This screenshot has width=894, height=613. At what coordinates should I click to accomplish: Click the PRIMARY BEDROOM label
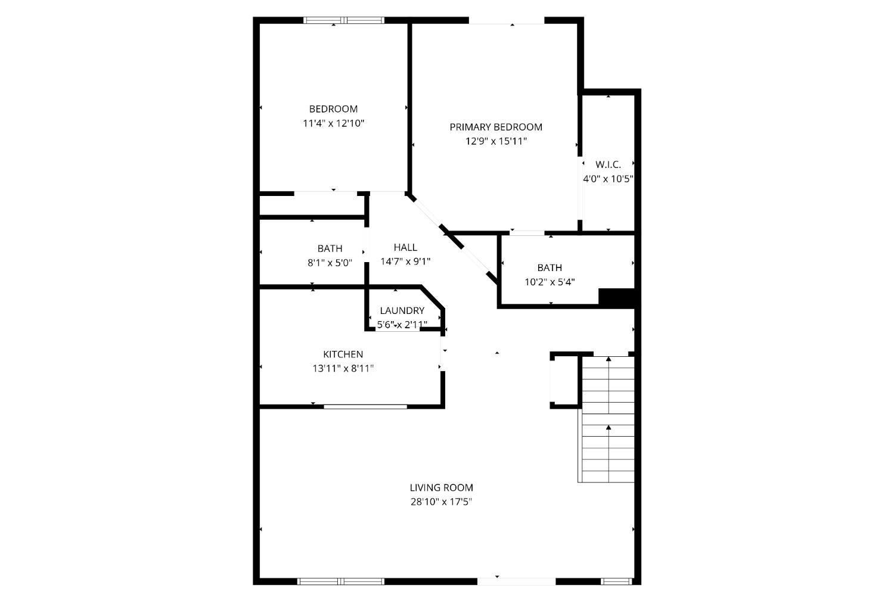tap(496, 127)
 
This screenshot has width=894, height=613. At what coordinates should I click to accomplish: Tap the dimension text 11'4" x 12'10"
tap(334, 123)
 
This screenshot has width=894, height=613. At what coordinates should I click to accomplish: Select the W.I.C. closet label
tap(609, 164)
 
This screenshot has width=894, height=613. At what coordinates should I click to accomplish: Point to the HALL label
tap(405, 247)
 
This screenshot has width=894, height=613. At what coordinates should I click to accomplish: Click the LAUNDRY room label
tap(402, 310)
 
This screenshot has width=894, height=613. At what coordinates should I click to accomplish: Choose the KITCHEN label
tap(343, 354)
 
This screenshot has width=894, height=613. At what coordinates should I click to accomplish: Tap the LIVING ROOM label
tap(442, 487)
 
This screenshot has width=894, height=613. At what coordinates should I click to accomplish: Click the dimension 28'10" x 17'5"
tap(442, 502)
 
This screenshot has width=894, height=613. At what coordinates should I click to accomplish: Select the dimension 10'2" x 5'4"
tap(550, 282)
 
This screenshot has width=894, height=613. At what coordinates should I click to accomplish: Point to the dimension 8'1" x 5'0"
tap(330, 263)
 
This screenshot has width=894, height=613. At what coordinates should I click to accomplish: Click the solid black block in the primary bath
tap(617, 297)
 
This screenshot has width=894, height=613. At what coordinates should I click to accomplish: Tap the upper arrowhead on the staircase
tap(609, 359)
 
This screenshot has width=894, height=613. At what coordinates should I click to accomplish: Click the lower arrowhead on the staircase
tap(609, 427)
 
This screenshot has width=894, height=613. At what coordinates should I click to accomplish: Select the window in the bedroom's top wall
tap(344, 20)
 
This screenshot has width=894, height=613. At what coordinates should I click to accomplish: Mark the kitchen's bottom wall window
tap(365, 407)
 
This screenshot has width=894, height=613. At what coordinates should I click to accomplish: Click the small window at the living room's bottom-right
tap(617, 582)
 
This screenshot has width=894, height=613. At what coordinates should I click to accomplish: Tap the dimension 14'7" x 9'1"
tap(405, 262)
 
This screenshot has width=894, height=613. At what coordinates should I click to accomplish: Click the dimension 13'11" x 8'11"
tap(343, 368)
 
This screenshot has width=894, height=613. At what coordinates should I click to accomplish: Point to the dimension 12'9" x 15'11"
tap(496, 141)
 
